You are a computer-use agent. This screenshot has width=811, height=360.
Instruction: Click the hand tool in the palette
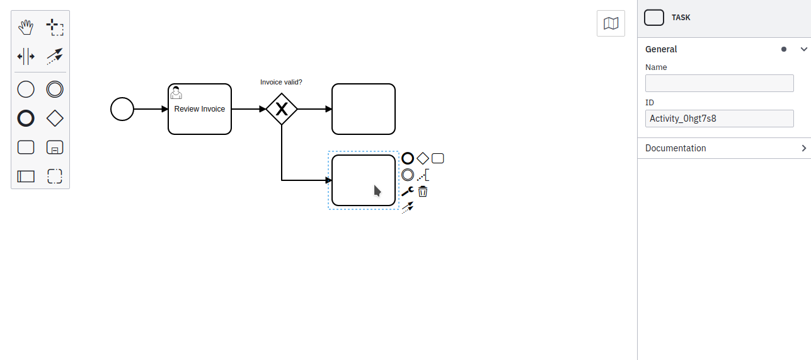[x=26, y=27]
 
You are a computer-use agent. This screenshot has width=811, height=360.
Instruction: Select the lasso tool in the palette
[x=55, y=27]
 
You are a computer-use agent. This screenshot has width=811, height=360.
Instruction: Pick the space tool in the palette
[x=26, y=56]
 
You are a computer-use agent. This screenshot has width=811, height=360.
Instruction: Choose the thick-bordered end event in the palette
[x=26, y=119]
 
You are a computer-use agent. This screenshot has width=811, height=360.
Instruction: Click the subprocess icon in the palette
[x=55, y=148]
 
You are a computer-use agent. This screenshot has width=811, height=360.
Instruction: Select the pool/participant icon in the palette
[x=26, y=177]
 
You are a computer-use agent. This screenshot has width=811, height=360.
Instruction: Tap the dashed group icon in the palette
[x=55, y=177]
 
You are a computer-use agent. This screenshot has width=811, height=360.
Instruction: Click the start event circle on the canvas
[x=122, y=109]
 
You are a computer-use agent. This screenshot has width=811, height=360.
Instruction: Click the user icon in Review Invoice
[x=176, y=93]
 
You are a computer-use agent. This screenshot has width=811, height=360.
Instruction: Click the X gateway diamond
[x=282, y=109]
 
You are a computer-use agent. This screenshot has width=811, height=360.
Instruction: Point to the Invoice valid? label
[x=281, y=82]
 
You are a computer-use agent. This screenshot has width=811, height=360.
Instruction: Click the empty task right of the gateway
[x=364, y=109]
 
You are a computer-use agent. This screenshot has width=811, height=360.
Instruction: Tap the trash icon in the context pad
[x=423, y=191]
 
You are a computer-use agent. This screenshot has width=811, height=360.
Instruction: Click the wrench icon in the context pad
[x=407, y=191]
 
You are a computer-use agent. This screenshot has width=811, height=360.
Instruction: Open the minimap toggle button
[x=611, y=24]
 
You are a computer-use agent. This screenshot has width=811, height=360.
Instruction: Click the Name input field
[x=719, y=83]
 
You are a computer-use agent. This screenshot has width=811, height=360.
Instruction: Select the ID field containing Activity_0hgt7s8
[x=719, y=119]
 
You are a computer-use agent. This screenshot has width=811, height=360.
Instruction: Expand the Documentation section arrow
[x=803, y=148]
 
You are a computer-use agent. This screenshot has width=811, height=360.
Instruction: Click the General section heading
[x=661, y=49]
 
